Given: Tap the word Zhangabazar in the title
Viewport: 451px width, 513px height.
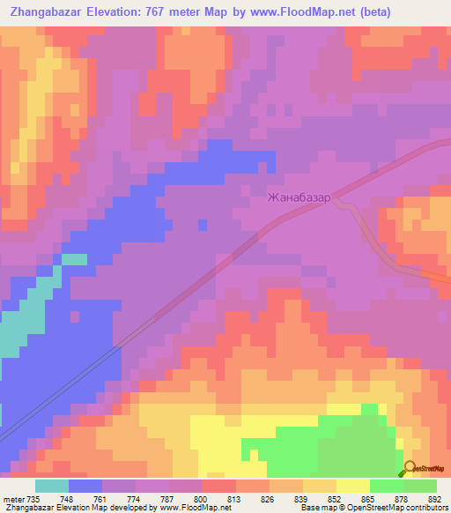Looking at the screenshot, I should pyautogui.click(x=41, y=11).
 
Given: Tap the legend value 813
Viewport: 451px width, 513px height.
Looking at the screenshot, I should pyautogui.click(x=236, y=498).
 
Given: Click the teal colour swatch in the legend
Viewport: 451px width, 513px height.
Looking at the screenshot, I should pyautogui.click(x=52, y=486).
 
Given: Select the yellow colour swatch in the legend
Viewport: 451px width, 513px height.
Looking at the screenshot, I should pyautogui.click(x=353, y=486).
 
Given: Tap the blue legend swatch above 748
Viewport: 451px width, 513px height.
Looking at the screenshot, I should pyautogui.click(x=85, y=486).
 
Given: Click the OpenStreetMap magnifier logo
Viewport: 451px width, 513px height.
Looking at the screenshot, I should pyautogui.click(x=410, y=468).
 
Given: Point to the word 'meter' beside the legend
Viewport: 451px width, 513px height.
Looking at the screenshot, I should pyautogui.click(x=13, y=498).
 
